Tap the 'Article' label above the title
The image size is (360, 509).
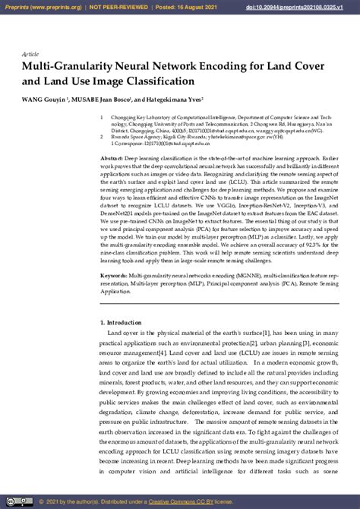tap(31, 54)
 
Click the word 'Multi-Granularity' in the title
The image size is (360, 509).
tap(65, 67)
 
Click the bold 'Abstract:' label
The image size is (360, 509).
tap(112, 157)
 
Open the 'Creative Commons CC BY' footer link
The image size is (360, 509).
tap(180, 501)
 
